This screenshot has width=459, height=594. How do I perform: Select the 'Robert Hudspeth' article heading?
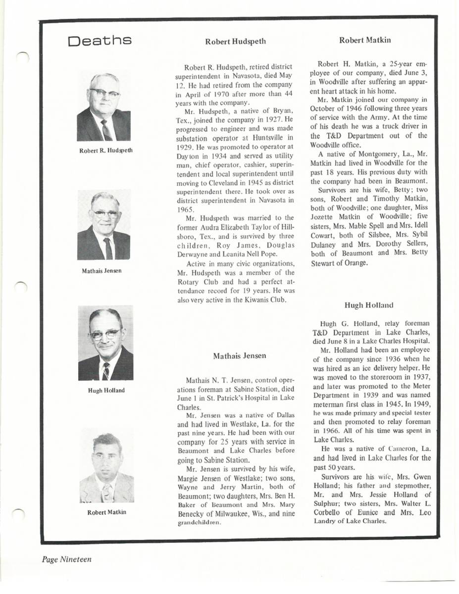pos(235,42)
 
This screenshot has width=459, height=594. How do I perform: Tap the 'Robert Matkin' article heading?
pos(365,40)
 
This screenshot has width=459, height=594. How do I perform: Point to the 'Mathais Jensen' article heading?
pos(240,355)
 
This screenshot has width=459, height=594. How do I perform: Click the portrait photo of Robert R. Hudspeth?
pos(104,107)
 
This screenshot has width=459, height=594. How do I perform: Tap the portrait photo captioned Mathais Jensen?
pos(104,225)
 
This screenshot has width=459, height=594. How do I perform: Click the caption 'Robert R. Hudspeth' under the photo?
pos(106,150)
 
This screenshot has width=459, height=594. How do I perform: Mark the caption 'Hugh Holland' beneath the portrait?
pos(106,390)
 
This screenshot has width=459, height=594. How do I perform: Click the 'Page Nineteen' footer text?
pos(66,559)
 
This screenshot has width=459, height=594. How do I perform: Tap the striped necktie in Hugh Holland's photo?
pos(106,370)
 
